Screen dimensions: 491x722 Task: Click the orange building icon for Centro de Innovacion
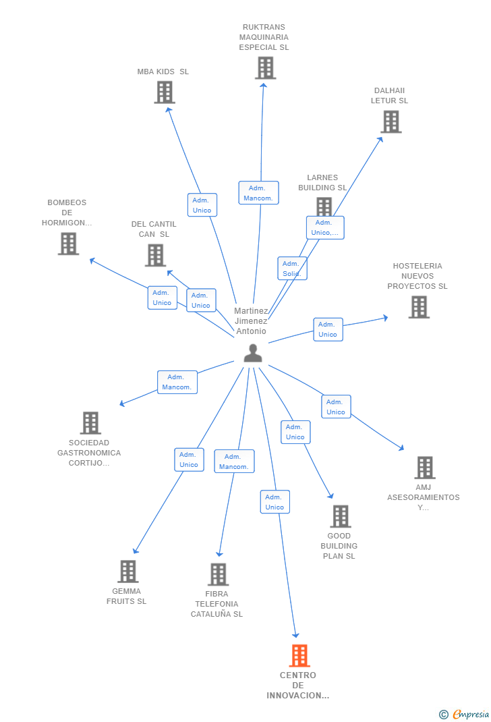pyautogui.click(x=299, y=655)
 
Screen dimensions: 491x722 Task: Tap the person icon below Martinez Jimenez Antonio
pyautogui.click(x=253, y=353)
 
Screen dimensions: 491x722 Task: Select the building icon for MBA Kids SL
pyautogui.click(x=165, y=92)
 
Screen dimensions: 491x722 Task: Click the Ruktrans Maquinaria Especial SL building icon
pyautogui.click(x=266, y=68)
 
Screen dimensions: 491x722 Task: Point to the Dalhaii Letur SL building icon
pyautogui.click(x=391, y=122)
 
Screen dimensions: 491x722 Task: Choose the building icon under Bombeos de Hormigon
pyautogui.click(x=68, y=244)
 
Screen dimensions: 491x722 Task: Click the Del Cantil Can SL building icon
pyautogui.click(x=155, y=255)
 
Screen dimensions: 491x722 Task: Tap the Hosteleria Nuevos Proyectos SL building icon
pyautogui.click(x=419, y=307)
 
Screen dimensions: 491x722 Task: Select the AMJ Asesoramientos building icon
pyautogui.click(x=424, y=468)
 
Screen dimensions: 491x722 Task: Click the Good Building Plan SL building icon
pyautogui.click(x=340, y=516)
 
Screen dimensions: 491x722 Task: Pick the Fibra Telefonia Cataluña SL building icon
pyautogui.click(x=218, y=574)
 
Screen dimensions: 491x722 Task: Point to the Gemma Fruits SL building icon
pyautogui.click(x=127, y=572)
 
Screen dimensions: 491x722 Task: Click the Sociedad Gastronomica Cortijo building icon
pyautogui.click(x=90, y=423)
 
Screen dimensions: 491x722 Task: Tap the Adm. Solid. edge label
pyautogui.click(x=292, y=269)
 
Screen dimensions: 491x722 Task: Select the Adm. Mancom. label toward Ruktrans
pyautogui.click(x=258, y=193)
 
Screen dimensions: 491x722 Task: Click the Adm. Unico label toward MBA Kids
pyautogui.click(x=202, y=205)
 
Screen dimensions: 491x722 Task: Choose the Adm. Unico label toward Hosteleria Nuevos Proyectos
pyautogui.click(x=328, y=329)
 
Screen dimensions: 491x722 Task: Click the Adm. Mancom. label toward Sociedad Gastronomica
pyautogui.click(x=177, y=382)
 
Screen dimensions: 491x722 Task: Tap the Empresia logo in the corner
pyautogui.click(x=465, y=714)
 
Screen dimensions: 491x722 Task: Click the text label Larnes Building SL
pyautogui.click(x=322, y=183)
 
